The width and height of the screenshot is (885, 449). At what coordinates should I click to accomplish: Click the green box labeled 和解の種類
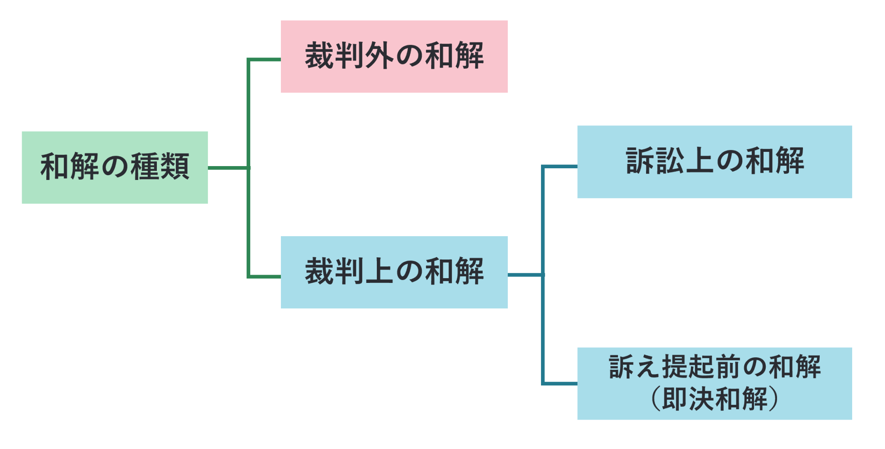(115, 167)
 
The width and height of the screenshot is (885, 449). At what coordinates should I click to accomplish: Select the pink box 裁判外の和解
(394, 56)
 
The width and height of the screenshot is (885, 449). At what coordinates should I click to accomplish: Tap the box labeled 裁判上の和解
(394, 272)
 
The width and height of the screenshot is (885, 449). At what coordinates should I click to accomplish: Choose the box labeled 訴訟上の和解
(714, 162)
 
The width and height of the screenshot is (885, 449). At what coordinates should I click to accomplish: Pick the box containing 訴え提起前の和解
(714, 367)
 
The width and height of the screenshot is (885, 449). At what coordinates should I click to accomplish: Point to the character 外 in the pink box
(379, 56)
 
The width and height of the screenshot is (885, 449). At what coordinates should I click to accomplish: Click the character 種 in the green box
(145, 167)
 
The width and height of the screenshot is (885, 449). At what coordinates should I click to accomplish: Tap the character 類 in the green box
(175, 167)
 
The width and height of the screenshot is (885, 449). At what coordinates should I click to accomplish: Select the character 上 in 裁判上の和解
(379, 272)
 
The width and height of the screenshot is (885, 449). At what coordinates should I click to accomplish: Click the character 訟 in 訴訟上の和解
(670, 162)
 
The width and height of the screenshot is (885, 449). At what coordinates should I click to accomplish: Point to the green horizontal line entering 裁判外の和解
(264, 59)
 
